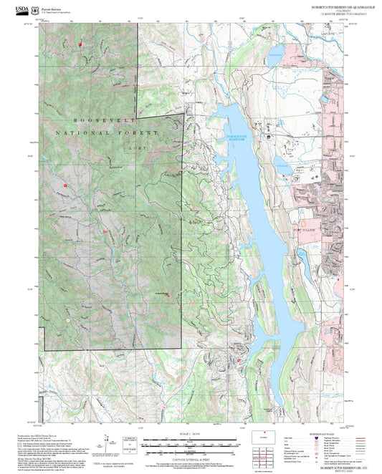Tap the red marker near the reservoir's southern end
239,360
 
